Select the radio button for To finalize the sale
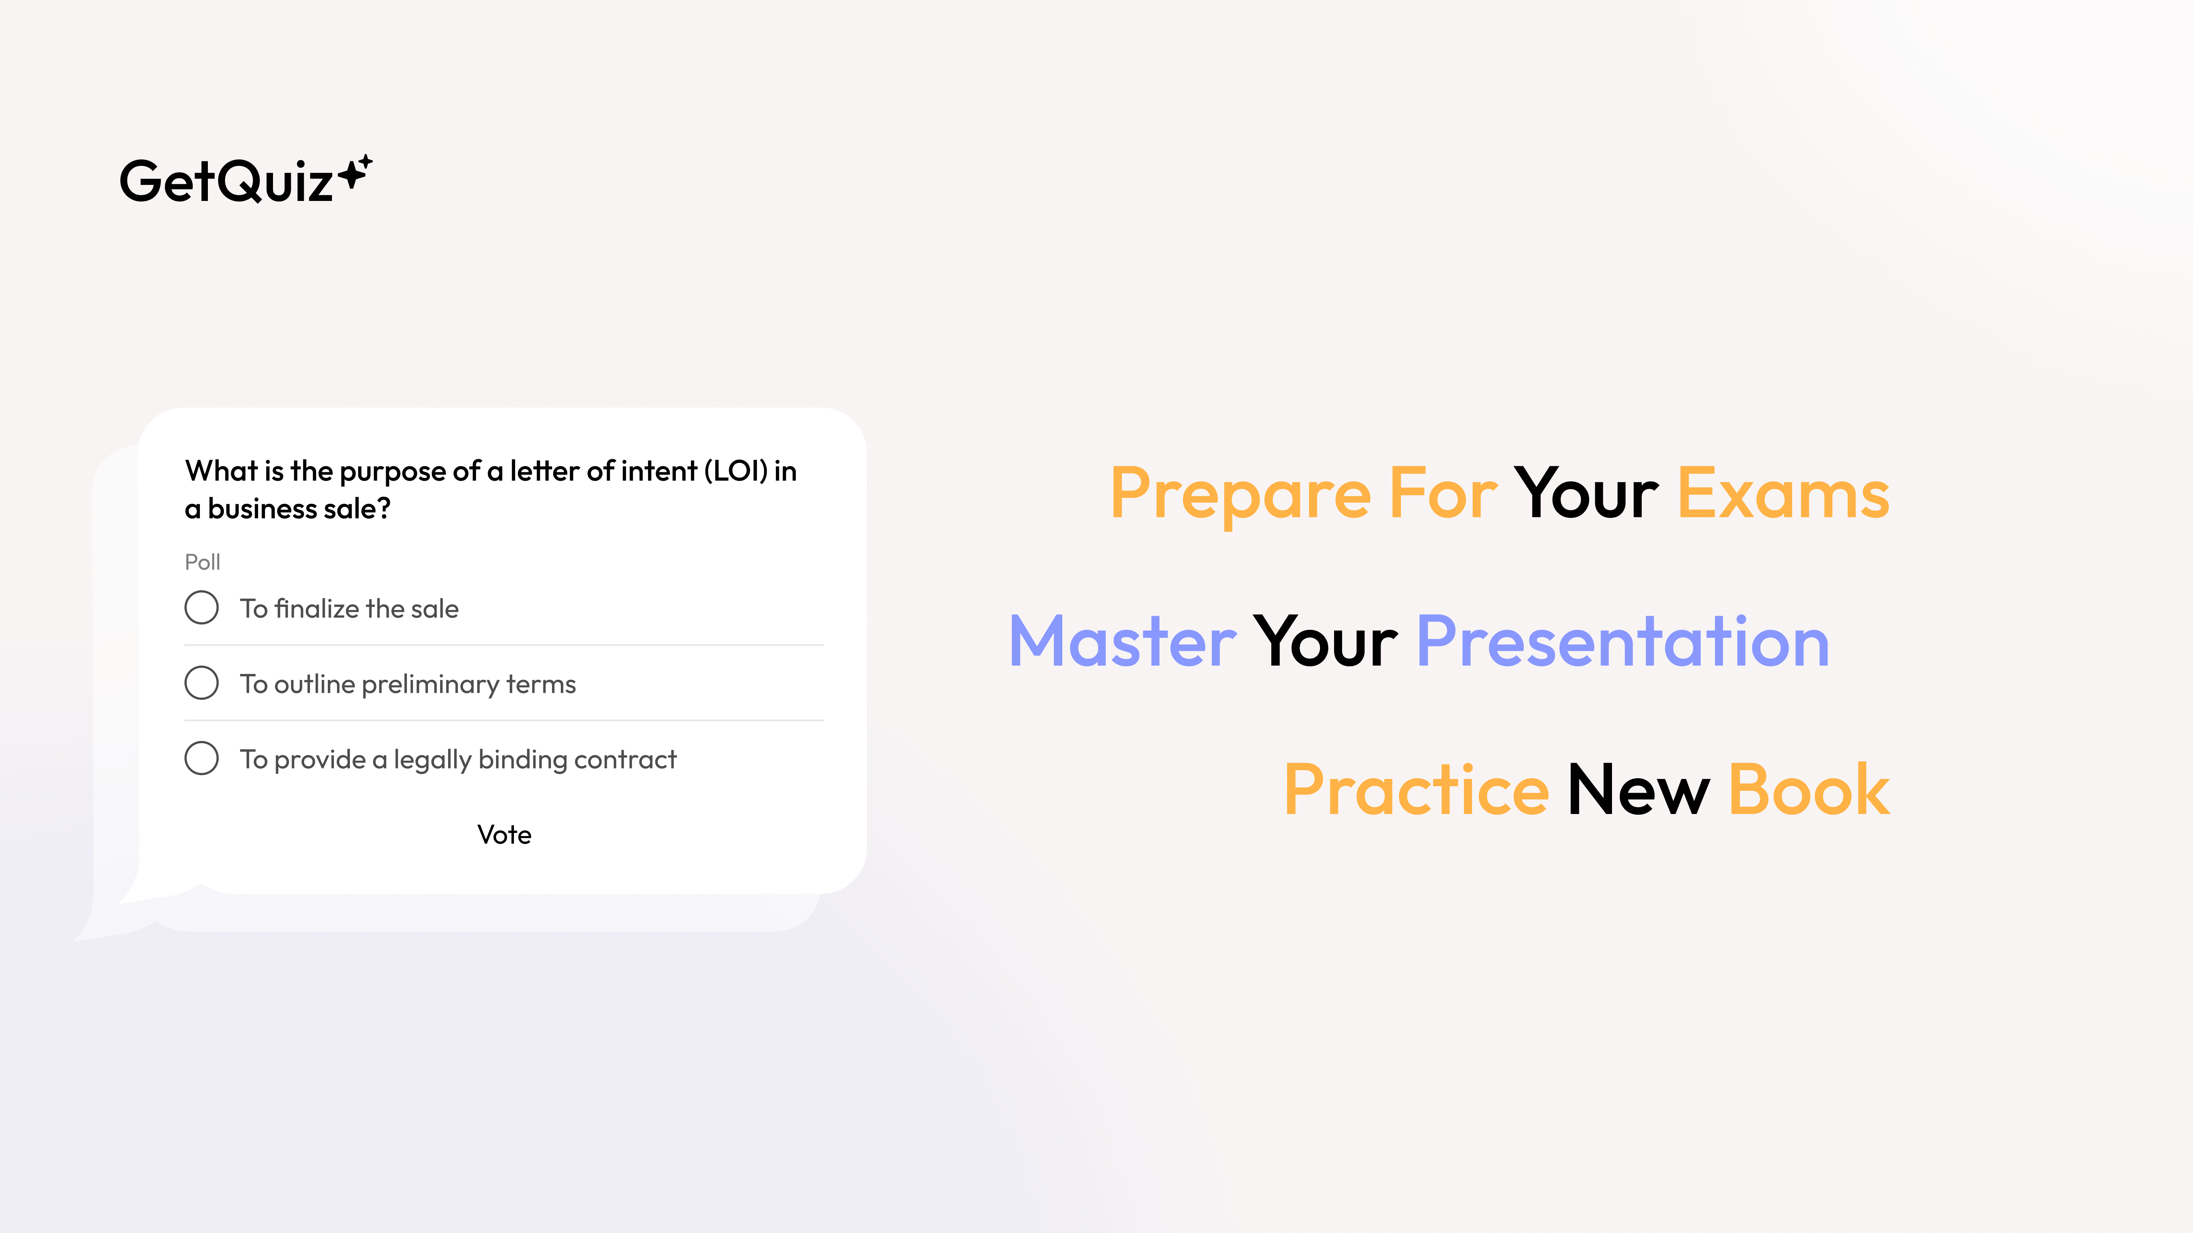click(x=202, y=608)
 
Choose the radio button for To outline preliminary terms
click(x=202, y=682)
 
